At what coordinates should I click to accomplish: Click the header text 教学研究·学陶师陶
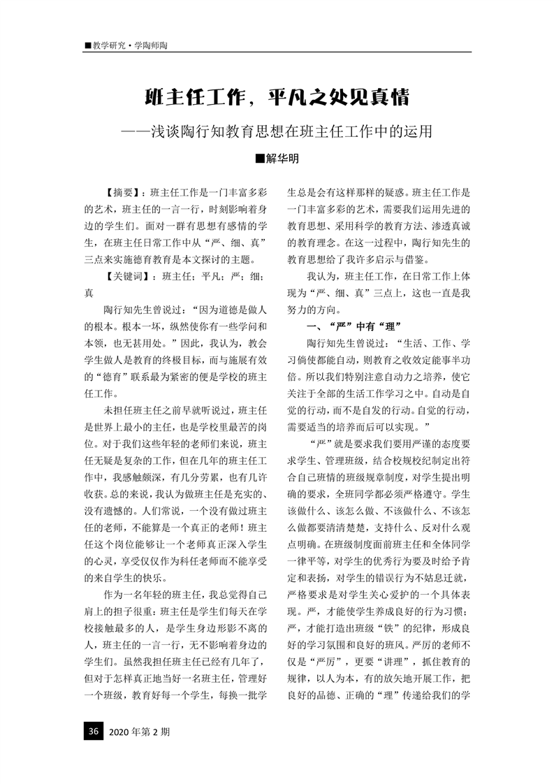click(129, 45)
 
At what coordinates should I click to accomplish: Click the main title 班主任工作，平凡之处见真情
click(277, 96)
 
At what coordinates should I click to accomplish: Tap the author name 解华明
click(283, 159)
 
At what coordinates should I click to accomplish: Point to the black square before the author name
click(260, 159)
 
